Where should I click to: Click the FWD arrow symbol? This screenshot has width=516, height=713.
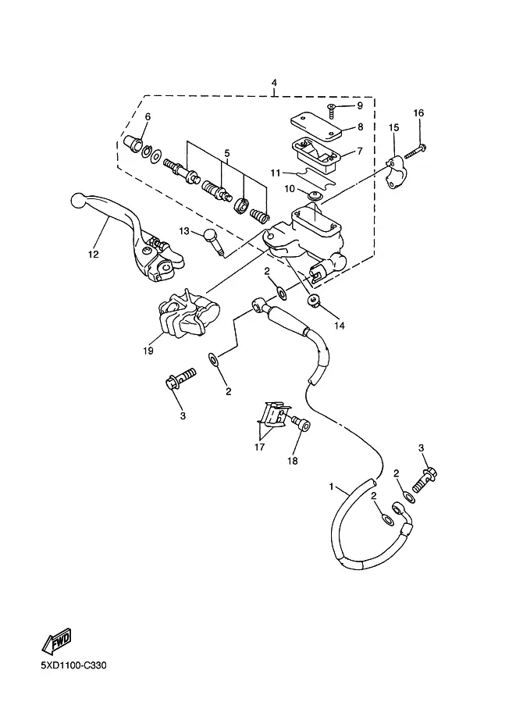pos(57,640)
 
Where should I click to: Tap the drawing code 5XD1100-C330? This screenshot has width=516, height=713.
pos(73,665)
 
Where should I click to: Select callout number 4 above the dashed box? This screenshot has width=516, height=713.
pos(274,83)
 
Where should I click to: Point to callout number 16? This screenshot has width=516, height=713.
pos(418,112)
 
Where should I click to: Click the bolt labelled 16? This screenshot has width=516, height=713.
pos(415,151)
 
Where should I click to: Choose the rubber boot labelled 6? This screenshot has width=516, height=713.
pos(133,144)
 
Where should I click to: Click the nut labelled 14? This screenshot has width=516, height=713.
pos(313,301)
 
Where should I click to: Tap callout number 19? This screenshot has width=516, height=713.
pos(148,351)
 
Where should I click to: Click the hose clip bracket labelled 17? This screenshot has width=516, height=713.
pos(274,415)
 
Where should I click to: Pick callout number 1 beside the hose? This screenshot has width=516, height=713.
pos(332,487)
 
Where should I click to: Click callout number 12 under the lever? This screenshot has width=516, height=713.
pos(93,255)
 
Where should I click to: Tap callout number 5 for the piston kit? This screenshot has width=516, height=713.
pos(227,154)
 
